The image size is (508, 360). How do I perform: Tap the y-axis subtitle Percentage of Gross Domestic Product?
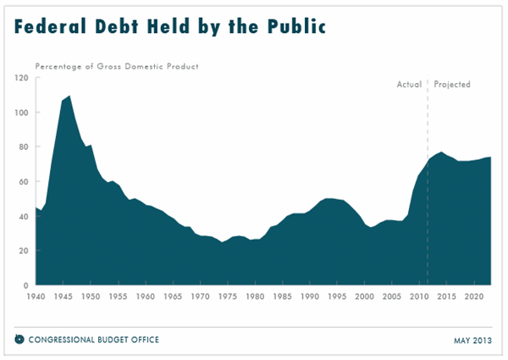point(116,66)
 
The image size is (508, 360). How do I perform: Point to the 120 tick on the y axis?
point(22,78)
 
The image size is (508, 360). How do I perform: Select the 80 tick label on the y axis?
point(24,147)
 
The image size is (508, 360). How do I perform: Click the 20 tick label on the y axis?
point(24,251)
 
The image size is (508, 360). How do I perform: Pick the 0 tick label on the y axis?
point(26,285)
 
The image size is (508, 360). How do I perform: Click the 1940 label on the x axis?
point(36,297)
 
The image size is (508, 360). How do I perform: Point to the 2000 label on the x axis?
point(364,297)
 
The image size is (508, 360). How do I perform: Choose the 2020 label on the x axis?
point(473,297)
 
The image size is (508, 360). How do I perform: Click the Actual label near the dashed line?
point(409,85)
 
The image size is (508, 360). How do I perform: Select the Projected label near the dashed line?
point(452,85)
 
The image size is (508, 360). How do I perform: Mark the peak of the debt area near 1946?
point(69,97)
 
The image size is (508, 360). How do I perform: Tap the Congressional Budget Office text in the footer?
point(94,340)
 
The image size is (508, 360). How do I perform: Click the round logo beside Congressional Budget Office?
point(19,340)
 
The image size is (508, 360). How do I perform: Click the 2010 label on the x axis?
point(419,297)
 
